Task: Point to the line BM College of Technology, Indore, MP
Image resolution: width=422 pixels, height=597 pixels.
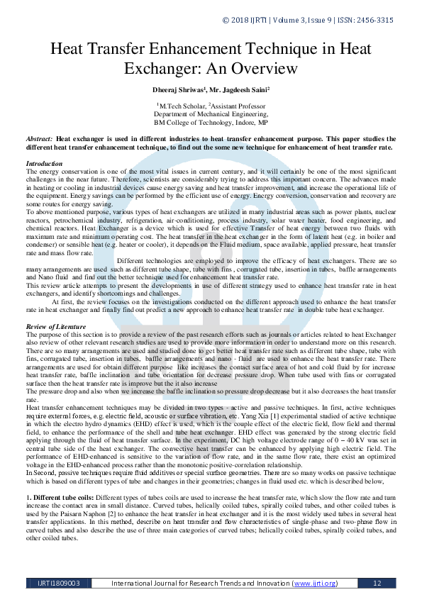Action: pyautogui.click(x=211, y=121)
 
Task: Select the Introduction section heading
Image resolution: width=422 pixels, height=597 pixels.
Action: pyautogui.click(x=44, y=164)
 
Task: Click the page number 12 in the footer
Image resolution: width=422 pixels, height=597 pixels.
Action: pyautogui.click(x=377, y=583)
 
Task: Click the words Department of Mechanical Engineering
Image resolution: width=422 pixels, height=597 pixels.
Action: pyautogui.click(x=211, y=113)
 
